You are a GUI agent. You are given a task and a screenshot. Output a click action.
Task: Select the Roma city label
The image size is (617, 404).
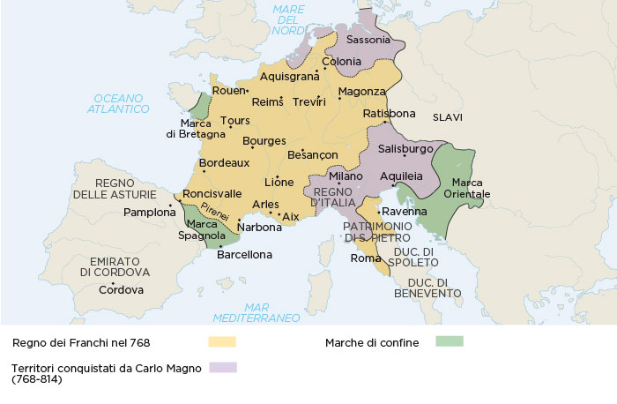364,258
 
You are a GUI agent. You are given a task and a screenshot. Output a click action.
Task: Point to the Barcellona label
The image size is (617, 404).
244,255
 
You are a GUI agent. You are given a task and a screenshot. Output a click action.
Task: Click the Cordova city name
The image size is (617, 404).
121,289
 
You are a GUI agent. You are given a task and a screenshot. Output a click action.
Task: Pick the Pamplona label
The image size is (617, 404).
150,213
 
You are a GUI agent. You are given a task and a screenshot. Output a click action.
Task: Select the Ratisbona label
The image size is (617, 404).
389,114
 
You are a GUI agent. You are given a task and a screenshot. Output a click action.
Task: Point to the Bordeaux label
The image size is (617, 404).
225,163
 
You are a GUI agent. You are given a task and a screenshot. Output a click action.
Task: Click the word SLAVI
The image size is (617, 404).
448,117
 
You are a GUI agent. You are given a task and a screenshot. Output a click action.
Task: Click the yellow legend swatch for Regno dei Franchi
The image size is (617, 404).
222,341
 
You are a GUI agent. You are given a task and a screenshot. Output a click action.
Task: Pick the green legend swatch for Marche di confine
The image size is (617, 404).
449,340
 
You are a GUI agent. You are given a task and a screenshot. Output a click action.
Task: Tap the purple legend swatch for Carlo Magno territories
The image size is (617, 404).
222,368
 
